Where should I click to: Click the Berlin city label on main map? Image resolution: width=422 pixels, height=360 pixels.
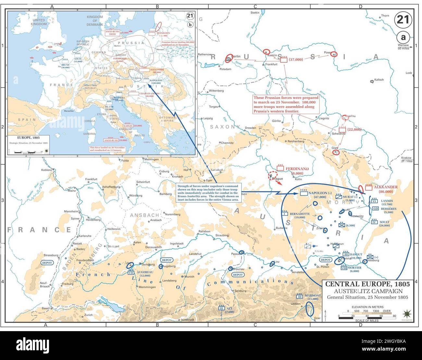[x=236, y=56]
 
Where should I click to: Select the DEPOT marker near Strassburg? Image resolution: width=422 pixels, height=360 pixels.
[x=46, y=263]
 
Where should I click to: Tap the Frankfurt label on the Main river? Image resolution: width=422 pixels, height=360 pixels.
[x=91, y=179]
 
